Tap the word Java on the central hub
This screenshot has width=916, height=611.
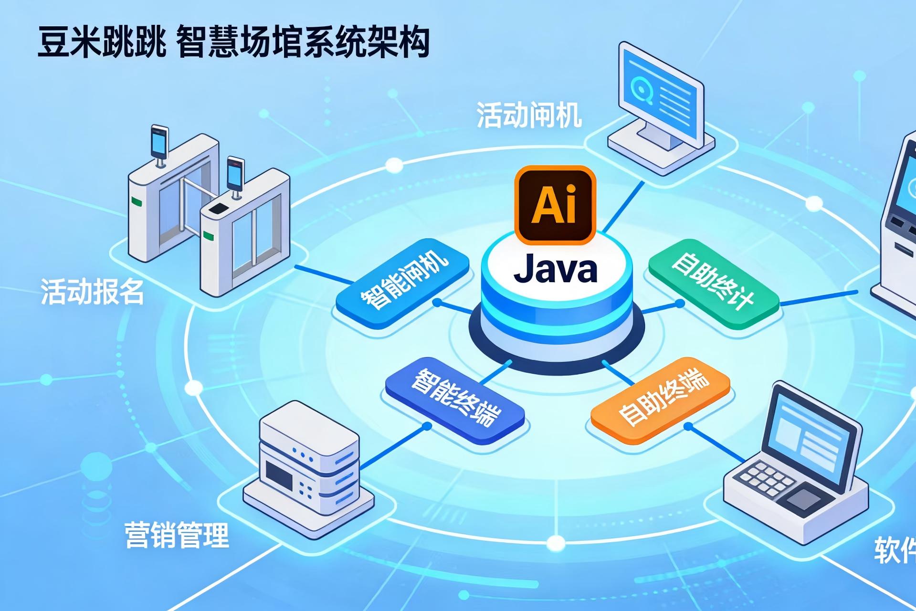coord(556,269)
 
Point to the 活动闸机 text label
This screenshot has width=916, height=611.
coord(529,115)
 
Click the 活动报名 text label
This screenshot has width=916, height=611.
coord(92,291)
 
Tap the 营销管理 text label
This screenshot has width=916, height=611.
coord(177,535)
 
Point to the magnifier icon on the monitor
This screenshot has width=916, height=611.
coord(641,87)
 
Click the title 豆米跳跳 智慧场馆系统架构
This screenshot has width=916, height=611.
coord(233,42)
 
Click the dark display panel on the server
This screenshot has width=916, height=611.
coord(279,474)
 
